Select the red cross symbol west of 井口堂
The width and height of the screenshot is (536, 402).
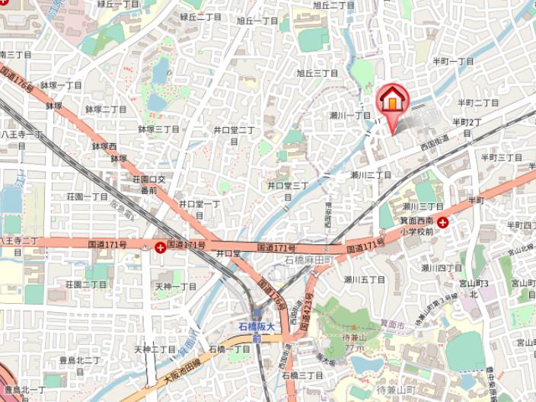pos(160,247)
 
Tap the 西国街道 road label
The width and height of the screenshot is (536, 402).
pos(436,140)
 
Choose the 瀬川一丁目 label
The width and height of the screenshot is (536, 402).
pos(350,115)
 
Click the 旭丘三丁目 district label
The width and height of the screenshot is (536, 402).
pos(317,73)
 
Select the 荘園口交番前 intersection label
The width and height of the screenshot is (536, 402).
pos(144,185)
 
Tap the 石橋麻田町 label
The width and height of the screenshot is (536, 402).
pos(309,260)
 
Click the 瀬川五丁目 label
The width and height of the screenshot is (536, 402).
pos(364,279)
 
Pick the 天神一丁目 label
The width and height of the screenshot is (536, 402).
pos(176,286)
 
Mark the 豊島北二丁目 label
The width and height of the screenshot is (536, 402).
pos(80,360)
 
